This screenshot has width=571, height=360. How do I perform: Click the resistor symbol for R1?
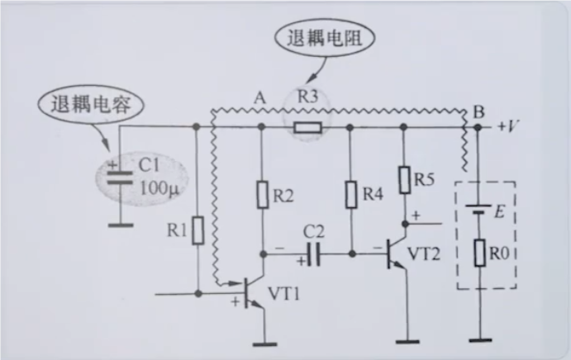tap(197, 232)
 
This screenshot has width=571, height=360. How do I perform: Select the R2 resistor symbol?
tap(261, 195)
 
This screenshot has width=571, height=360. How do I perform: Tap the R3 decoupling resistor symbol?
tap(308, 127)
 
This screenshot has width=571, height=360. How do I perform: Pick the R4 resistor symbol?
tap(350, 195)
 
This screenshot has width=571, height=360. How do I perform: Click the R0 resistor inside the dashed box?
tap(477, 252)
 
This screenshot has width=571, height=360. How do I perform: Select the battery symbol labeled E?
tap(477, 211)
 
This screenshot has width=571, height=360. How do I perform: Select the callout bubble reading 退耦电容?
tap(88, 105)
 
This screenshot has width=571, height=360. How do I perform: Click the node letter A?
tap(260, 98)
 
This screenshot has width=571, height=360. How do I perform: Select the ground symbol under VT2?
tap(408, 339)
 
